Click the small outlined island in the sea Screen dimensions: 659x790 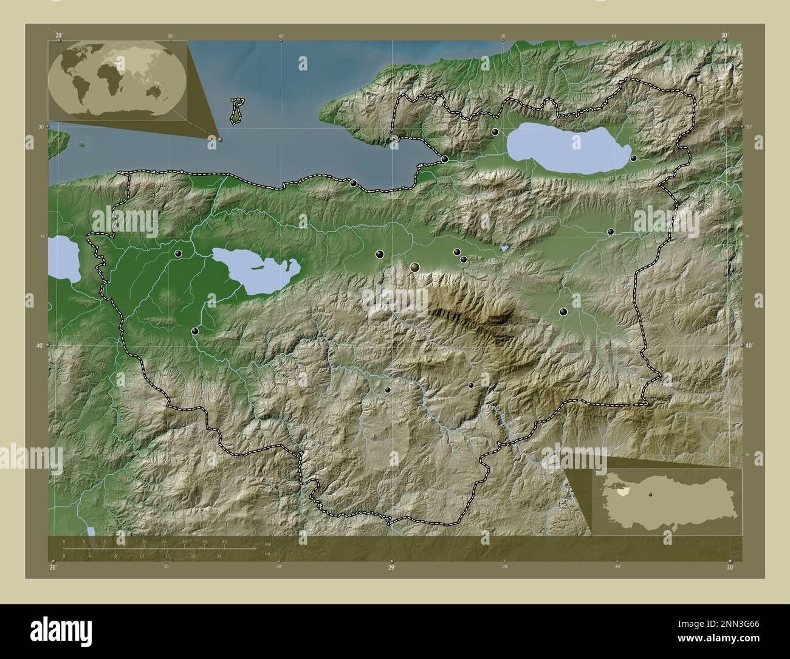click(236, 112)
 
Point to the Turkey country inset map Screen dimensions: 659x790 click(667, 502)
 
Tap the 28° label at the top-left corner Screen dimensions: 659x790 click(58, 35)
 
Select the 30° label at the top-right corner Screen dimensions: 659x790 click(724, 35)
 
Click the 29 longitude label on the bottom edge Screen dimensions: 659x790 click(392, 568)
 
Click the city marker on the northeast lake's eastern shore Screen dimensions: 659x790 click(633, 158)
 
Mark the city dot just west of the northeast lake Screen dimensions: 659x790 click(495, 132)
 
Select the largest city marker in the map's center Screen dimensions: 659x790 click(415, 266)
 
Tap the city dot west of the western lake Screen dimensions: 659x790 click(178, 254)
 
